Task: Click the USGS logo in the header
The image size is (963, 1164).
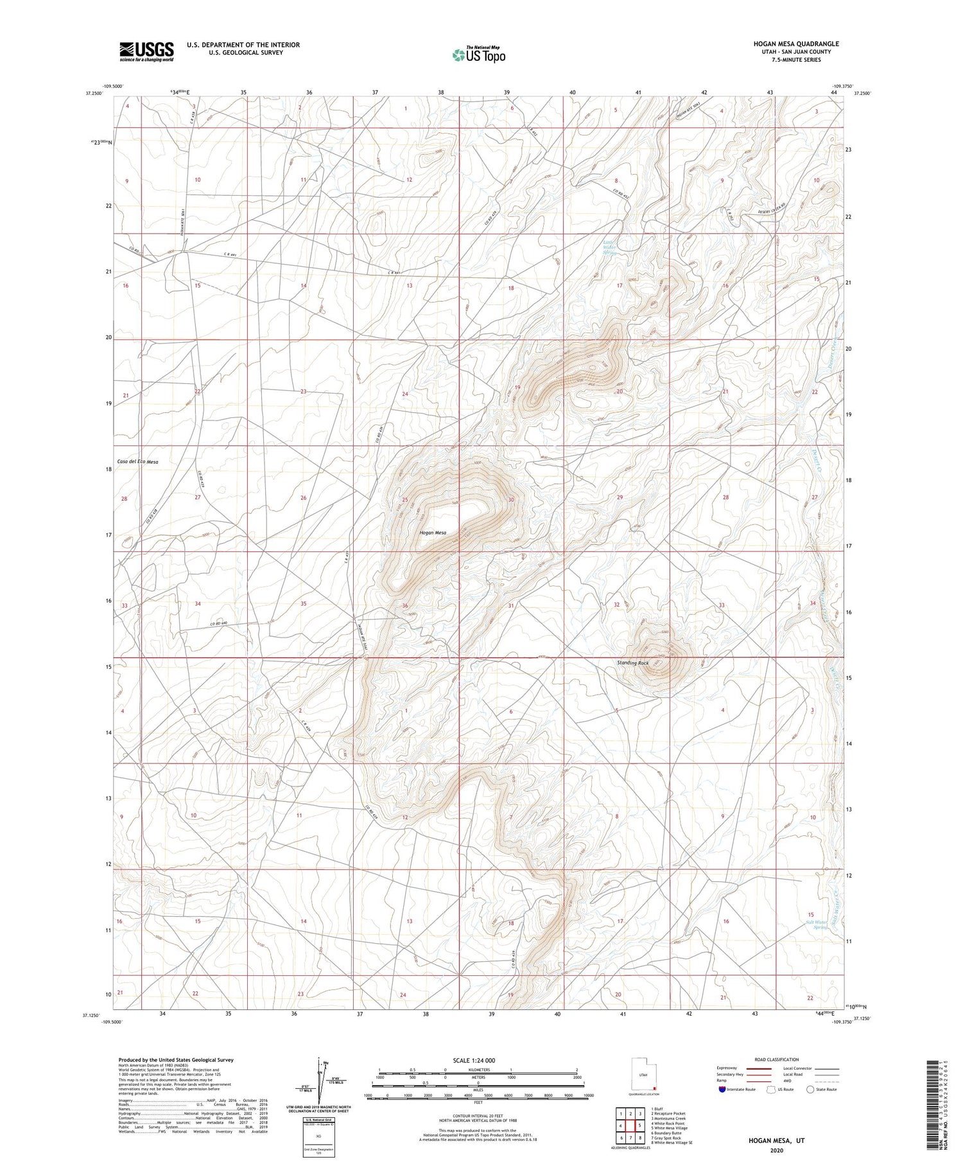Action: (146, 51)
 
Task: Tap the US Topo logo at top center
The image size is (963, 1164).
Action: (478, 55)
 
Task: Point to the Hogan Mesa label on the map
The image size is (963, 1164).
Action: (432, 533)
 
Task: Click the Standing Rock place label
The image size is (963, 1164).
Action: (633, 663)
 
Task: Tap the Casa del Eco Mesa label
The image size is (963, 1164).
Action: (137, 462)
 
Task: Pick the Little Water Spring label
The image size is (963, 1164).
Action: (609, 248)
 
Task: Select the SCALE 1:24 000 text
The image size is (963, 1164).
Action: (474, 1060)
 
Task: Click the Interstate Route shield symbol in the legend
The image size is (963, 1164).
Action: (722, 1090)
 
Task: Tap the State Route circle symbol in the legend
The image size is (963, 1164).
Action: (810, 1090)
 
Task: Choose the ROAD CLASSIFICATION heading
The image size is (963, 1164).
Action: (776, 1059)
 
